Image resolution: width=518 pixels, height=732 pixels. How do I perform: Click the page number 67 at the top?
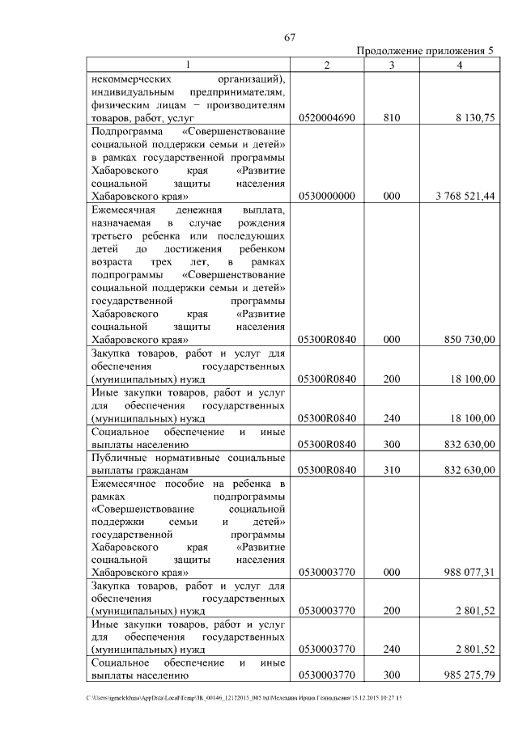pyautogui.click(x=292, y=36)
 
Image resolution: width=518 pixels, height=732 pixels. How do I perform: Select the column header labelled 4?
pyautogui.click(x=459, y=65)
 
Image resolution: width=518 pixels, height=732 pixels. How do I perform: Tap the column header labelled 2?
pyautogui.click(x=325, y=65)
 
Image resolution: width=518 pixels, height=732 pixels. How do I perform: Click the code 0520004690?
pyautogui.click(x=326, y=118)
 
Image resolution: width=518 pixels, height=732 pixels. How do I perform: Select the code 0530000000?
pyautogui.click(x=326, y=196)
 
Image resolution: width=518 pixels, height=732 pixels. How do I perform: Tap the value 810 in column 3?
pyautogui.click(x=392, y=118)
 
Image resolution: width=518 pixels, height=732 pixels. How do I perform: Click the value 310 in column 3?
pyautogui.click(x=392, y=470)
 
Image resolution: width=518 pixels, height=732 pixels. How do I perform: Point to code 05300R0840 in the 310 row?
pyautogui.click(x=326, y=470)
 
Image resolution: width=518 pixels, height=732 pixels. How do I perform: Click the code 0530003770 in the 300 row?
pyautogui.click(x=326, y=674)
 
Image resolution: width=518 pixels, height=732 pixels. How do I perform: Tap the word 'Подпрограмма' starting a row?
pyautogui.click(x=127, y=131)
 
